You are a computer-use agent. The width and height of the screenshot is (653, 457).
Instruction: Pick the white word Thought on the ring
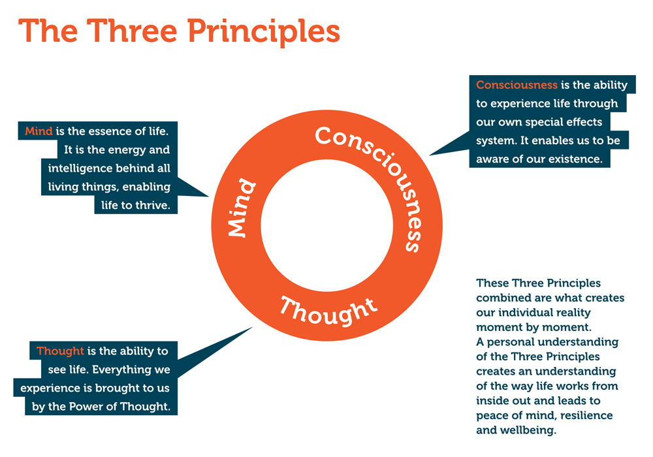tap(328, 309)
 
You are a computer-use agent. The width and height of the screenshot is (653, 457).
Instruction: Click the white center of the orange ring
tap(326, 225)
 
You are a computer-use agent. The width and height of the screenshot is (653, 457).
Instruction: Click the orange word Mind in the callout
tap(39, 131)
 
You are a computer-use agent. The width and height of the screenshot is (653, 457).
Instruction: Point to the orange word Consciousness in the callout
tap(517, 85)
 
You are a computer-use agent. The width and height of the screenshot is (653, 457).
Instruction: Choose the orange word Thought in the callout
tap(60, 351)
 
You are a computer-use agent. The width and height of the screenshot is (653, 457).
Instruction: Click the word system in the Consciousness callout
tap(496, 140)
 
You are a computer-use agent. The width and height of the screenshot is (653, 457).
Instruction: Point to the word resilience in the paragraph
tap(586, 415)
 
